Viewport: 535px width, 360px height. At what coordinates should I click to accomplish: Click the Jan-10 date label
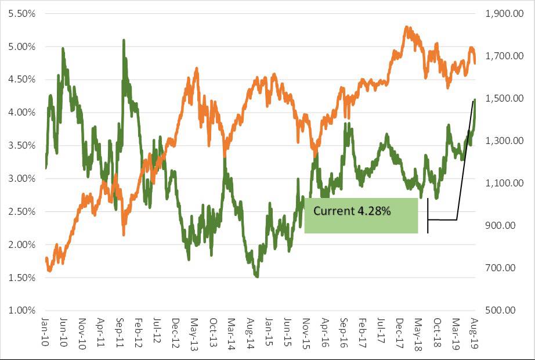point(45,333)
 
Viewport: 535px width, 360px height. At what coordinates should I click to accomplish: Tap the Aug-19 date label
point(474,333)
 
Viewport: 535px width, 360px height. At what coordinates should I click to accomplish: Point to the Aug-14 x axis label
point(251,333)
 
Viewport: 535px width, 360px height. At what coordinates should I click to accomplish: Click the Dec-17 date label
point(400,333)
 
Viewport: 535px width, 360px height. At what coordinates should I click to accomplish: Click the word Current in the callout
point(332,211)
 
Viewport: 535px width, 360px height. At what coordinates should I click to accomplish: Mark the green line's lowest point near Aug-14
point(256,276)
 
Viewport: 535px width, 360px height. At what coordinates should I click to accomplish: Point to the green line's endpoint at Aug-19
point(475,100)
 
